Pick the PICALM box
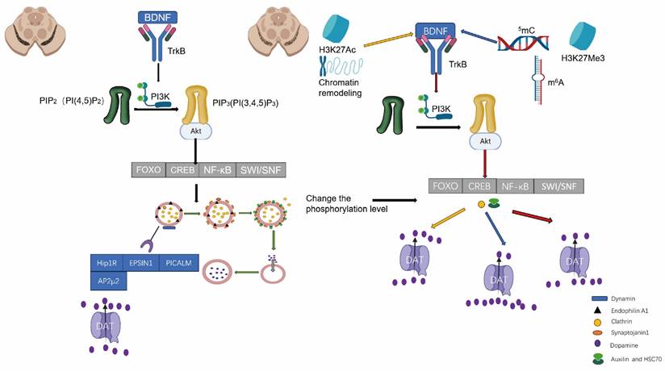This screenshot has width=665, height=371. pyautogui.click(x=179, y=262)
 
